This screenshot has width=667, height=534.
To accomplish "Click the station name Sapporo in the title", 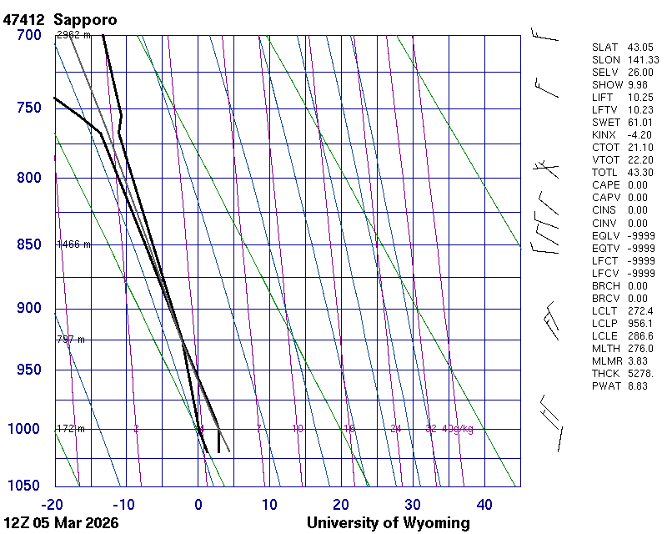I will pos(85,19).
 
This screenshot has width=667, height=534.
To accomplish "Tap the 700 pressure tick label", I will pos(28,35).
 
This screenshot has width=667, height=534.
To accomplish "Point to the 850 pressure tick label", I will pos(28,244).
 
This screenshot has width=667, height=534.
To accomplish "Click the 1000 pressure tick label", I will pos(25,429).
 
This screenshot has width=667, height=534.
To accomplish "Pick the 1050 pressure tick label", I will pos(25,486).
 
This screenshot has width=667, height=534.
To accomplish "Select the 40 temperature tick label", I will pos(484,504).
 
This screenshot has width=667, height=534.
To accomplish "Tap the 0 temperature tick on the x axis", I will pos(198,504).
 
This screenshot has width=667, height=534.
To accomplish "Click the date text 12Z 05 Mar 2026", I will pos(61,523).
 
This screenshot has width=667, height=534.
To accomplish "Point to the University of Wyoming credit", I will pos(388,523).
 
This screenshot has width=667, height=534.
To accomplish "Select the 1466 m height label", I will pos(73,244).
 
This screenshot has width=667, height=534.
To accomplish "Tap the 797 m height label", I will pos(70,340).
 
